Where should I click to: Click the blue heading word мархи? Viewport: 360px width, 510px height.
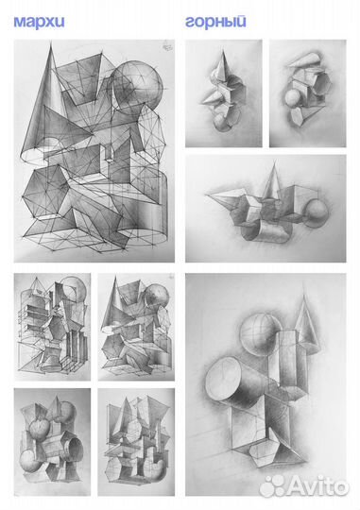39,22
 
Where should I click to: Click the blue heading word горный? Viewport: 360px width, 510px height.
215,22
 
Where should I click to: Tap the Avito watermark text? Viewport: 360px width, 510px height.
318,487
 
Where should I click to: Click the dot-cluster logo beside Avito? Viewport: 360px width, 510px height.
273,487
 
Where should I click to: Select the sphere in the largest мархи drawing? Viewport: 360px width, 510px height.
137,85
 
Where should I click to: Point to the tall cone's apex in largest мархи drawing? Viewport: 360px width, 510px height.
51,42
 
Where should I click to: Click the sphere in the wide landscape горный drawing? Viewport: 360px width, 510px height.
315,213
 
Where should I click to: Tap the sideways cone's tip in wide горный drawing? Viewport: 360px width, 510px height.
206,195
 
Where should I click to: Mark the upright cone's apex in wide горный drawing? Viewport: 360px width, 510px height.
275,161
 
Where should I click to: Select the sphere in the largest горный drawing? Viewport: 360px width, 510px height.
260,332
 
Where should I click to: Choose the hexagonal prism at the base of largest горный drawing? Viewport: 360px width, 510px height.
264,451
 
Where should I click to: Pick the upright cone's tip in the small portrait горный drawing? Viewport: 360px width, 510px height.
223,51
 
